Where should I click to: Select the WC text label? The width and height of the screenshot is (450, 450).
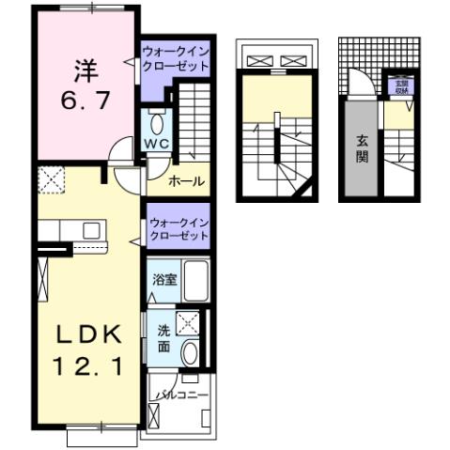coord(155,145)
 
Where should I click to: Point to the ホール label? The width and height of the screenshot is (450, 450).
coord(186,181)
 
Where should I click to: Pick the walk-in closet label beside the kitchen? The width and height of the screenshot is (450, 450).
coord(177,228)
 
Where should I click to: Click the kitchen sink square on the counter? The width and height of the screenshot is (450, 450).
coord(92,230)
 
